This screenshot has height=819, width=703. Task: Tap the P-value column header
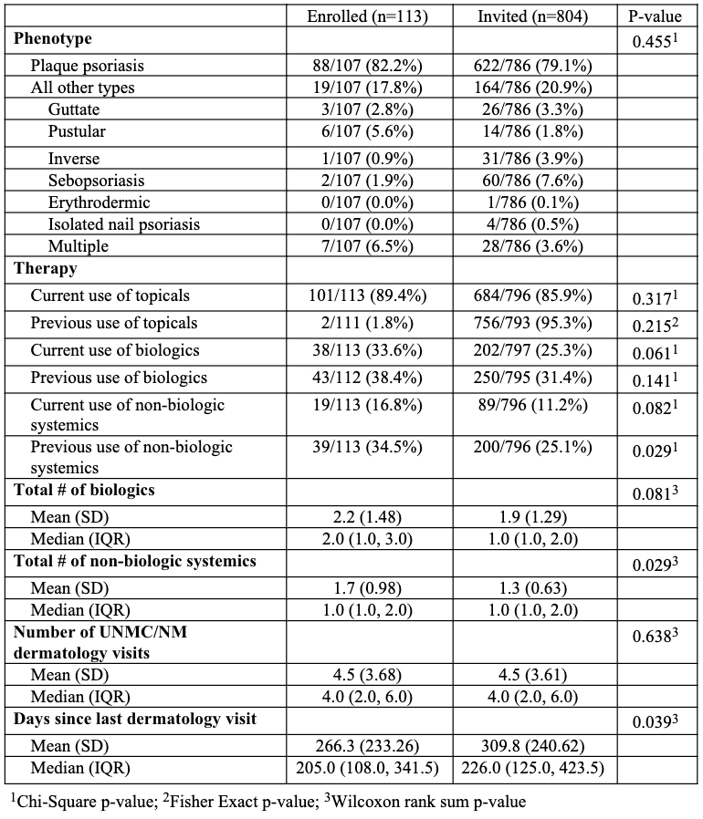(x=657, y=17)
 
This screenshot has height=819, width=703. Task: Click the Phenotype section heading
(x=52, y=40)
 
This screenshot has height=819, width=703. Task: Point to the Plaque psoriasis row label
(x=88, y=66)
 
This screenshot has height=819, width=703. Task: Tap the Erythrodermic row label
(x=100, y=202)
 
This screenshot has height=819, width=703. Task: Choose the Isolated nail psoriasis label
(x=123, y=224)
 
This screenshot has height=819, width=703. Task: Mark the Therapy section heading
(x=45, y=269)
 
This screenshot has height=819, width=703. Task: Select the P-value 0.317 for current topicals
(x=655, y=296)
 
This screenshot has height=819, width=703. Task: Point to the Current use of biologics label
(x=115, y=350)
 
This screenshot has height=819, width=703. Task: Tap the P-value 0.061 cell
(x=655, y=351)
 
